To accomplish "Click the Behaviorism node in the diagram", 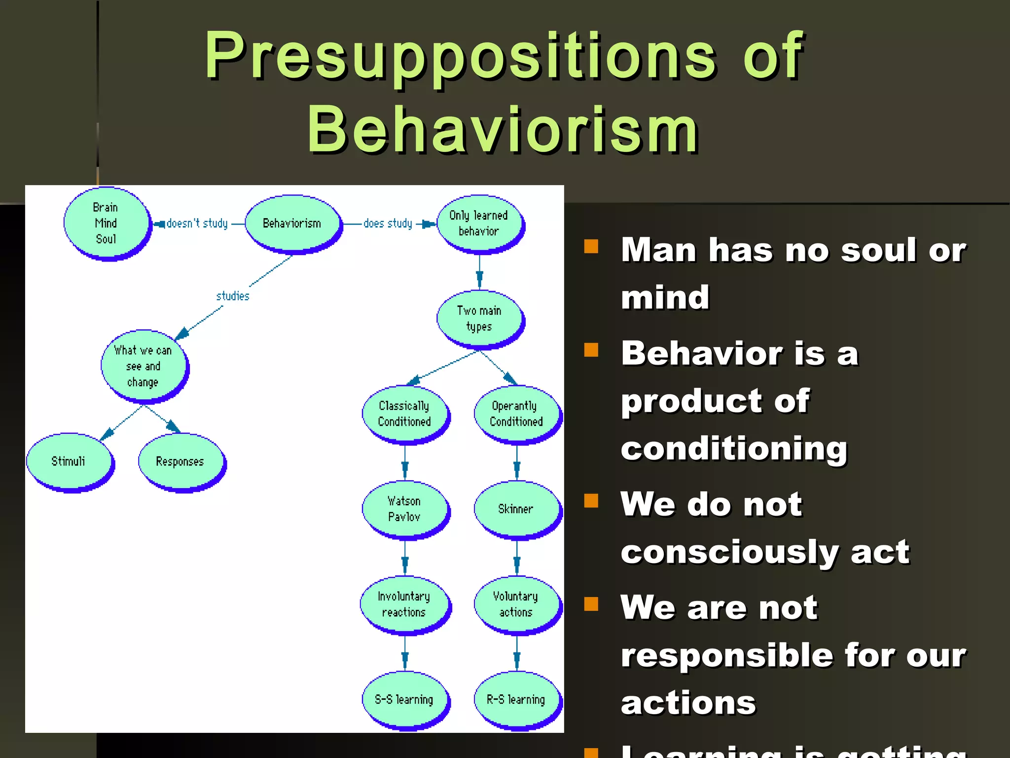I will coord(292,224).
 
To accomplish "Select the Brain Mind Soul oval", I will coord(106,223).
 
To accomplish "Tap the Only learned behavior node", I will coord(478,223).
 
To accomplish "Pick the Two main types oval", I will coord(479,318).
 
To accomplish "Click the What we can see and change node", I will coord(143,366).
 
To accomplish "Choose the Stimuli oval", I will coord(69,461).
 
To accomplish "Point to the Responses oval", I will coord(180,461).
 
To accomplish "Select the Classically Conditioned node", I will coord(404,414).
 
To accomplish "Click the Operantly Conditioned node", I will coord(516,414).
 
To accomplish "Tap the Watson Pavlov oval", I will coord(404,509).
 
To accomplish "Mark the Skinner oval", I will coord(516,509).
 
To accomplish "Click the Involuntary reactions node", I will coord(404,604).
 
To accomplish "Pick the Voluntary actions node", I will coord(516,604).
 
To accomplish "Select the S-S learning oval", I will coord(404,699).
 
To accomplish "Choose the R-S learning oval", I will coord(516,699).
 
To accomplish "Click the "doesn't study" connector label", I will coord(197,224).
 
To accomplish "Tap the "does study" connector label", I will coord(388,224).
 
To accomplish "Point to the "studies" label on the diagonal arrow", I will coord(233,296).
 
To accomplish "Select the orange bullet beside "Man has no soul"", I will coord(591,246).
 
